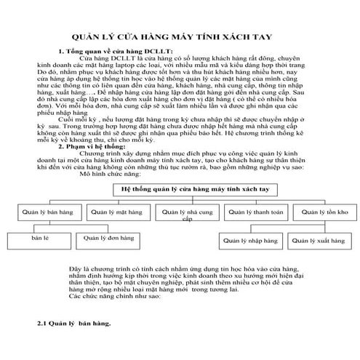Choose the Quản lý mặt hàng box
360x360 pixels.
[111, 212]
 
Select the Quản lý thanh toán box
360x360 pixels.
[255, 212]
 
